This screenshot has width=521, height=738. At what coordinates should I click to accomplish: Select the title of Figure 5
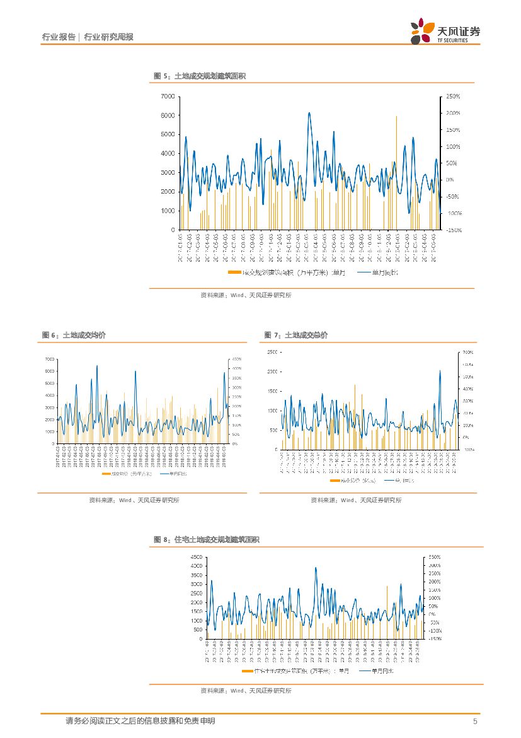pyautogui.click(x=200, y=76)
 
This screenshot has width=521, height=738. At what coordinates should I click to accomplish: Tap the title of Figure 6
pyautogui.click(x=74, y=335)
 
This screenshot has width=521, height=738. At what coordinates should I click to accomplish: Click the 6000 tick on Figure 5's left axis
pyautogui.click(x=168, y=115)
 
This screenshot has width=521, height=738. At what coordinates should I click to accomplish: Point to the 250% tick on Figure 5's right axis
pyautogui.click(x=453, y=97)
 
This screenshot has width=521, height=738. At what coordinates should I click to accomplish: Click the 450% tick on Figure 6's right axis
pyautogui.click(x=238, y=359)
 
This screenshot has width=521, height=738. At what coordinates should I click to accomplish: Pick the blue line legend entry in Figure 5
pyautogui.click(x=378, y=272)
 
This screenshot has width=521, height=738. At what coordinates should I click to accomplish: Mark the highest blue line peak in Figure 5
pyautogui.click(x=309, y=113)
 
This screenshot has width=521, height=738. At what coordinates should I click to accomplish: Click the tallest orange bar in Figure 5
pyautogui.click(x=396, y=117)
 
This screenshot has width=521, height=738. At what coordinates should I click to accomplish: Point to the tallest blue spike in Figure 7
pyautogui.click(x=440, y=371)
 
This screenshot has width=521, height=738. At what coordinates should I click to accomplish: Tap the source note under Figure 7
pyautogui.click(x=355, y=500)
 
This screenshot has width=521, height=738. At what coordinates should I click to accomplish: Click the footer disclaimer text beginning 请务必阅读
pyautogui.click(x=140, y=721)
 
